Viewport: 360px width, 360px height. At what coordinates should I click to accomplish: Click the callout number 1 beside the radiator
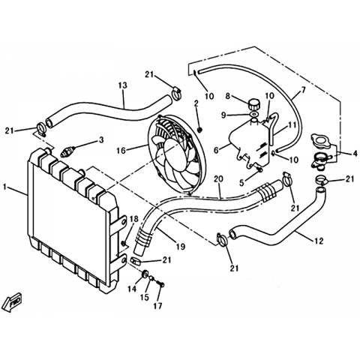click(x=4, y=187)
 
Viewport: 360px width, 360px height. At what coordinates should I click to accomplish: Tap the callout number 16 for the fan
click(x=121, y=151)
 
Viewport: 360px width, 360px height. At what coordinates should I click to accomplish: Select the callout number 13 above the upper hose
click(x=123, y=85)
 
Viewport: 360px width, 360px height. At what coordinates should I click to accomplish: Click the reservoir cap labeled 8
click(x=254, y=103)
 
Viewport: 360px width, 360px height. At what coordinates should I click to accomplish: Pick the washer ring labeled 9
click(x=254, y=115)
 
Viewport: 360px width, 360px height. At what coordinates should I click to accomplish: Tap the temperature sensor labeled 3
click(x=67, y=151)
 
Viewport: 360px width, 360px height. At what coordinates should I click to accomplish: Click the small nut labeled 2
click(x=199, y=130)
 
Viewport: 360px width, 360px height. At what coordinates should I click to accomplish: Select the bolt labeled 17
click(x=160, y=284)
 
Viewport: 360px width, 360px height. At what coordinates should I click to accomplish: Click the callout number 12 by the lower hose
click(x=318, y=241)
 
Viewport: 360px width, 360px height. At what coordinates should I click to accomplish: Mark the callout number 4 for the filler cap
click(x=355, y=154)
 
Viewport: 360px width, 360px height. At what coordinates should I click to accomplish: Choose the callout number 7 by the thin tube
click(x=304, y=90)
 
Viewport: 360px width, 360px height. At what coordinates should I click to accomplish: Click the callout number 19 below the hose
click(x=181, y=247)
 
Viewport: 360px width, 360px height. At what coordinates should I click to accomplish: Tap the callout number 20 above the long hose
click(x=219, y=179)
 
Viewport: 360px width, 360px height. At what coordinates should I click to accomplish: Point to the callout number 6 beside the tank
click(x=217, y=150)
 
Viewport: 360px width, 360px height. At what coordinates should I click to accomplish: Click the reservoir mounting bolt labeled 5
click(x=259, y=169)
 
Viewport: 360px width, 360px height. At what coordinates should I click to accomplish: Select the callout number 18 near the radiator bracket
click(x=134, y=219)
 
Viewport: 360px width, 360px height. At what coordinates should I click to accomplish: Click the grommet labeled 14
click(x=144, y=274)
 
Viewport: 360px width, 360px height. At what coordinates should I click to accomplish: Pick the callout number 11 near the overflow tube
click(x=292, y=124)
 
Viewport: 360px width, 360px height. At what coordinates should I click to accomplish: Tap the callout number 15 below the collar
click(x=145, y=297)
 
